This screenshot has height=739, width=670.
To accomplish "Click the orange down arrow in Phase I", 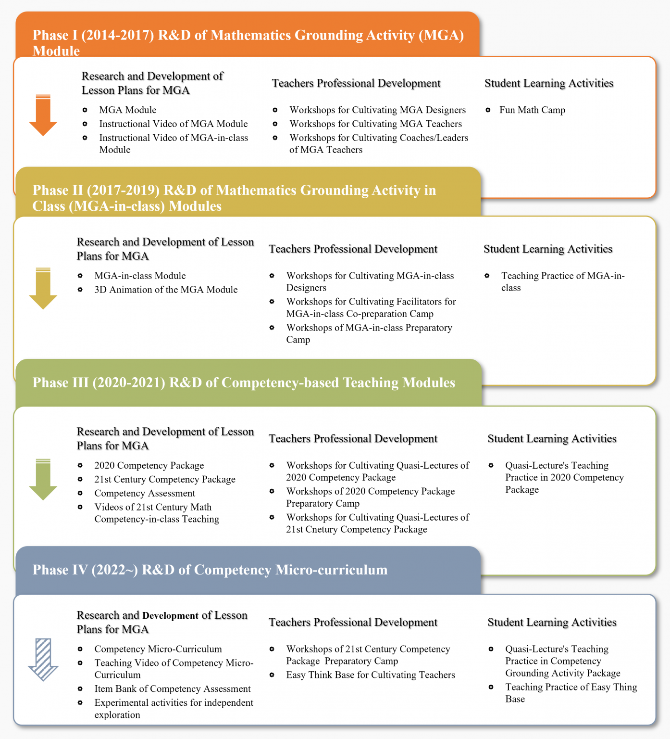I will [43, 115].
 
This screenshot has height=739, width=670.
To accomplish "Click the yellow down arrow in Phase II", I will [43, 288].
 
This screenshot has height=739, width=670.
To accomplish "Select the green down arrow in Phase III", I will [43, 479].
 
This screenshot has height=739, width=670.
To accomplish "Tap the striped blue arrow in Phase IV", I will [43, 660].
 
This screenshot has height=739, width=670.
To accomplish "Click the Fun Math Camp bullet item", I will [532, 110].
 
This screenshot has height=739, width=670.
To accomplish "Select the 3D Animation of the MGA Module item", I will [166, 290].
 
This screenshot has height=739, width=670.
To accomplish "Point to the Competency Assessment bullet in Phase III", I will [145, 493].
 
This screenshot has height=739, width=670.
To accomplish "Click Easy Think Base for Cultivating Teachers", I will [370, 675].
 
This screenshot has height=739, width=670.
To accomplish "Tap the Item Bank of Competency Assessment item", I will [173, 689].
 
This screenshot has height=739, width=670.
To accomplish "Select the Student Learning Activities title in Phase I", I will [549, 83].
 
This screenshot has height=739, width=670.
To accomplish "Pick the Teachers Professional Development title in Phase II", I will [353, 249].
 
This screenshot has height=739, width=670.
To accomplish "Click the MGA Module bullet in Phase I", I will [128, 110].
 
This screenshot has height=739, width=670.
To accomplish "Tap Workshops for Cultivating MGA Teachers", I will [375, 124].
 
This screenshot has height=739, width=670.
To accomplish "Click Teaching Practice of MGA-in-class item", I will [562, 281].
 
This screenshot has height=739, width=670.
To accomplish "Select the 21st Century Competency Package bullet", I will [165, 479].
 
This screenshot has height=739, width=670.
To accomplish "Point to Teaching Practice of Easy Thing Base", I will [571, 693].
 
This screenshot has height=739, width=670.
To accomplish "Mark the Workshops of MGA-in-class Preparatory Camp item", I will [369, 333].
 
